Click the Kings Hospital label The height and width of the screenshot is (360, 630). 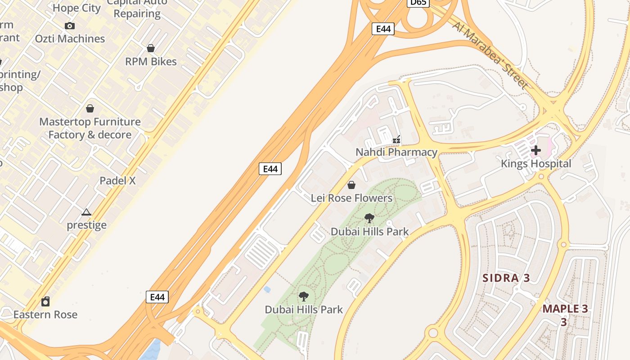click(x=536, y=164)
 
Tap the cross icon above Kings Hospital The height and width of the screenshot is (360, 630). click(x=536, y=150)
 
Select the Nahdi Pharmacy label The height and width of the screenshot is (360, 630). click(x=396, y=152)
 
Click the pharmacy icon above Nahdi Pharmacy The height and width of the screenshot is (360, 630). click(x=396, y=139)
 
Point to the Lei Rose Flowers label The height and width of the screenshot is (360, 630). click(x=351, y=198)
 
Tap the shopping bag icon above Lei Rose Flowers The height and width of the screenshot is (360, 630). click(x=351, y=185)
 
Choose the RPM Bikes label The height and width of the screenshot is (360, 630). click(x=151, y=62)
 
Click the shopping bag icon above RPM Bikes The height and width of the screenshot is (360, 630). click(x=151, y=48)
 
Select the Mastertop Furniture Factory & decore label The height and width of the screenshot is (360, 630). click(x=90, y=128)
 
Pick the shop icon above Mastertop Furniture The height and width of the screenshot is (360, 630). click(x=90, y=108)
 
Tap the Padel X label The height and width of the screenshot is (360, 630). click(x=117, y=181)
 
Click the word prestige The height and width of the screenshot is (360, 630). click(x=87, y=225)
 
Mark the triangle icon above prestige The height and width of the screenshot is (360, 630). click(x=86, y=212)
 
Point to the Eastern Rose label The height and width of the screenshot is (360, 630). click(x=45, y=315)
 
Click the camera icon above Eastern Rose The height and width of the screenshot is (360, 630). click(x=45, y=301)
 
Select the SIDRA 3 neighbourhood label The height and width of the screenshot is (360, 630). click(x=506, y=278)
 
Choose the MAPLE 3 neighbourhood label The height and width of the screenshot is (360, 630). click(x=565, y=309)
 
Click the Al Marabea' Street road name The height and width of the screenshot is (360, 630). click(x=490, y=55)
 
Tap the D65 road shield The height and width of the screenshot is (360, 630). click(x=418, y=3)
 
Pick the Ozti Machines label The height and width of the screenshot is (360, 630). click(x=70, y=39)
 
